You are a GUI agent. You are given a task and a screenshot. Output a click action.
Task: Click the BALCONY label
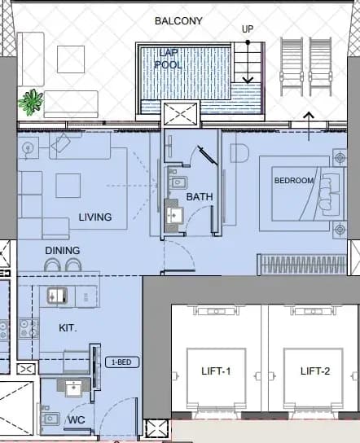coord(178,21)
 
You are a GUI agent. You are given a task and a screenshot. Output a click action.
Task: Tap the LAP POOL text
coord(169,59)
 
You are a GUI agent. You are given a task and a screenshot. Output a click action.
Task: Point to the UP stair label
coord(248,29)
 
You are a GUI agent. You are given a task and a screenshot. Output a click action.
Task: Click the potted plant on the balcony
coord(31,102)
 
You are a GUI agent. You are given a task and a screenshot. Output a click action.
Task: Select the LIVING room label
coord(95,217)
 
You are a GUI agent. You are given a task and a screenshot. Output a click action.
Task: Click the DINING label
coord(63,250)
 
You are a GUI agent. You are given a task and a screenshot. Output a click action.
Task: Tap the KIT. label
coord(68,327)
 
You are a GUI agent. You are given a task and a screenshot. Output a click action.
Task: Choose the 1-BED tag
coord(122,362)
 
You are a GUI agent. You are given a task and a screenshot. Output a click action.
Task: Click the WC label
coord(77,420)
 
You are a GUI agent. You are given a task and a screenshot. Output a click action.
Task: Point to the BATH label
coord(200,196)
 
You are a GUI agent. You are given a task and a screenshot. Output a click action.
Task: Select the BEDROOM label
coord(294,181)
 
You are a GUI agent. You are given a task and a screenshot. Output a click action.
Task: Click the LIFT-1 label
coord(216,371)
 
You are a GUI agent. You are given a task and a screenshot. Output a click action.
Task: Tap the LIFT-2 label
coord(315,371)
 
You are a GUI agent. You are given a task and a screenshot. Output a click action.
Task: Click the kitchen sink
coord(57,296)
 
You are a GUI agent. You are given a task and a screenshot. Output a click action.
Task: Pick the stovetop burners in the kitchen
coord(29,328)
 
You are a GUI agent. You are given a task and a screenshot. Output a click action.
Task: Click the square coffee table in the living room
coord(68,186)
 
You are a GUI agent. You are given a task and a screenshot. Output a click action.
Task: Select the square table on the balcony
coord(71,59)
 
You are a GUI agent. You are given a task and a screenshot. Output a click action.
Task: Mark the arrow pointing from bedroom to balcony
coord(309,126)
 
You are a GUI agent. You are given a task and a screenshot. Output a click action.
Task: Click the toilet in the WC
coord(50,419)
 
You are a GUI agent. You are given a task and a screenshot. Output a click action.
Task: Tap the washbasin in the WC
coord(73,388)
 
